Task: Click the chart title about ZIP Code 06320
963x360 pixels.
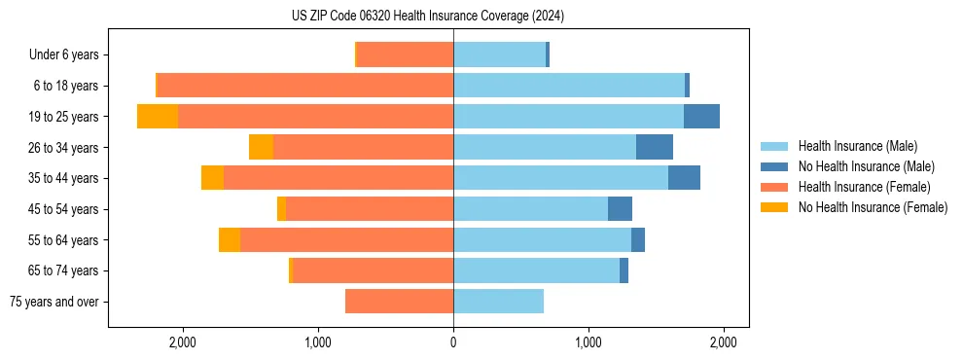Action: tap(428, 17)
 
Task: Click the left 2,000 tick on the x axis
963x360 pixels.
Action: tap(183, 343)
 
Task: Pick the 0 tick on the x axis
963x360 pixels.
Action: tap(453, 343)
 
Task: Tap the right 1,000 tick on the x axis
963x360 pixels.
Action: tap(588, 343)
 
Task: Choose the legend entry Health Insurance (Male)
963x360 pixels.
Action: tap(857, 146)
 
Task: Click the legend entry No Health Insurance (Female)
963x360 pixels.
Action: tap(873, 207)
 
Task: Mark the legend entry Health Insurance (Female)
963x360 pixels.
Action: tap(864, 187)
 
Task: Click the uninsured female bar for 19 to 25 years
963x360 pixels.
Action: tap(158, 117)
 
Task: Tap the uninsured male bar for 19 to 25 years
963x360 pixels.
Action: tap(701, 117)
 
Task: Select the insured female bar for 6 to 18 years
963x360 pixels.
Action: tap(305, 86)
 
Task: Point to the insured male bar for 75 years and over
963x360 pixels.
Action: tap(498, 302)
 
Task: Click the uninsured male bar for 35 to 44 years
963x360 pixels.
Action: tap(684, 178)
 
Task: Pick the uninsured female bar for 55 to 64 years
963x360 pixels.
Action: tap(230, 240)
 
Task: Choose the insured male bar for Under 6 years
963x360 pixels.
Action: tap(499, 55)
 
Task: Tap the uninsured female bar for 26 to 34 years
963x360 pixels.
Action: tap(261, 147)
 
